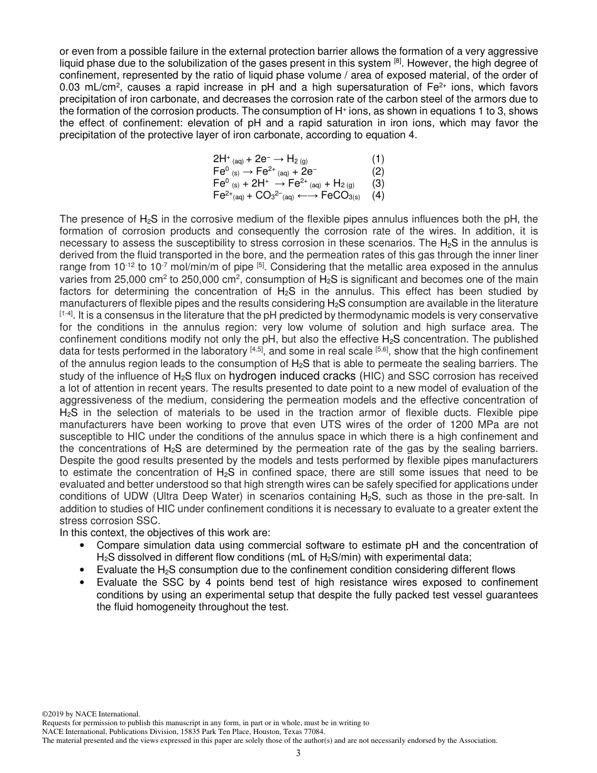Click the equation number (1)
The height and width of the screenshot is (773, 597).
click(378, 159)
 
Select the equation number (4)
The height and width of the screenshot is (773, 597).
click(378, 195)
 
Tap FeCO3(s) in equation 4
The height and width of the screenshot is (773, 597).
click(340, 195)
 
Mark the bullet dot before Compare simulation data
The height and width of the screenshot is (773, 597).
click(84, 545)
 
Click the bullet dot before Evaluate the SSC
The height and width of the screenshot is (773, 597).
click(84, 582)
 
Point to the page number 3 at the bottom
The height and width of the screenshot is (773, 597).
click(298, 754)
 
